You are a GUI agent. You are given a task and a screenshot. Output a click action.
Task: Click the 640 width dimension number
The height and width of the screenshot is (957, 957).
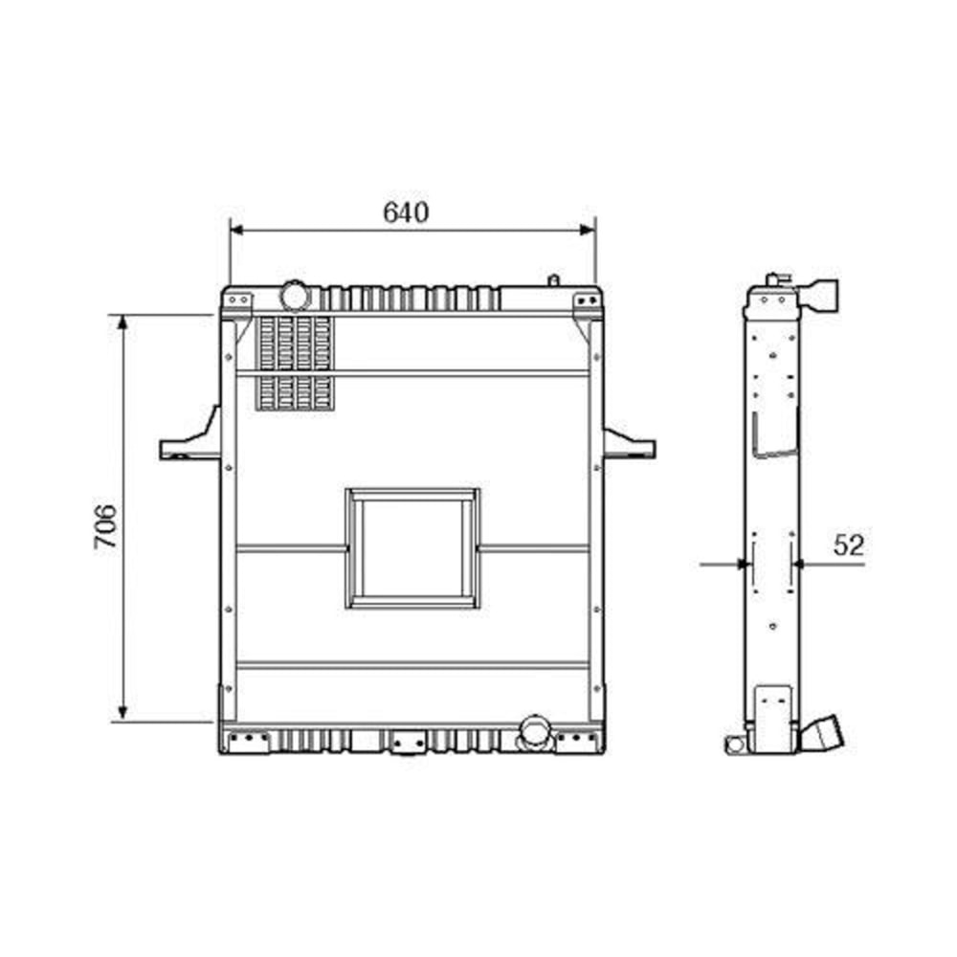point(406,212)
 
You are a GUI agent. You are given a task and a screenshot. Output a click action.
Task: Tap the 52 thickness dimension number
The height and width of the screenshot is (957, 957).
point(848,545)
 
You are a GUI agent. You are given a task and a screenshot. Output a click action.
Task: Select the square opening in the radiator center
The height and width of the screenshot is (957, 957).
point(412,548)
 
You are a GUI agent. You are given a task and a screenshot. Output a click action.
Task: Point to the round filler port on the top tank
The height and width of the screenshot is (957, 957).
point(295,294)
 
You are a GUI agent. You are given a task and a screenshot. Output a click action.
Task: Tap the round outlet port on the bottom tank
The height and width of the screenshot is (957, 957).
point(531,733)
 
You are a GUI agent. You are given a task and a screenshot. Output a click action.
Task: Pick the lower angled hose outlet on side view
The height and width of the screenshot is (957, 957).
point(828,737)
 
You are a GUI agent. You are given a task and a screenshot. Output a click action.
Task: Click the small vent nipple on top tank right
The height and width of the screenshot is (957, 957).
point(552,280)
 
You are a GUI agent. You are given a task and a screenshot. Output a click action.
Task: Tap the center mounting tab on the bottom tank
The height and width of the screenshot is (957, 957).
point(409,742)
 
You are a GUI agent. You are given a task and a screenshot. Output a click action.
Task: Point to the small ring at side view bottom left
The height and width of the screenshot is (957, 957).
point(734,745)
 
